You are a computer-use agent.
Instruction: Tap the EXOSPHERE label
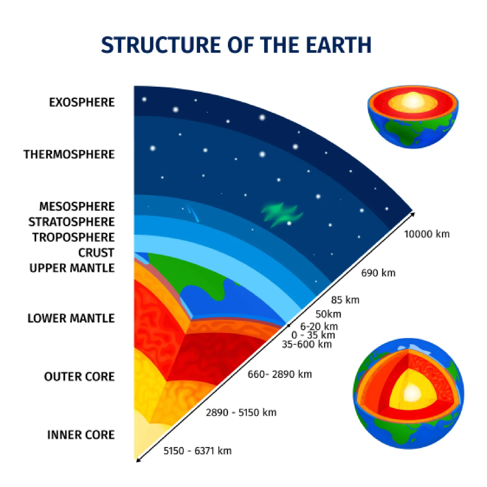82,103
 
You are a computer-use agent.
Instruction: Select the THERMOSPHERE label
69,154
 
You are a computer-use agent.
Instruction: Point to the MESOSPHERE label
77,206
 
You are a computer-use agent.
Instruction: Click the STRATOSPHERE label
71,222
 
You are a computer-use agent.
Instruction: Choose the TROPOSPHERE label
73,237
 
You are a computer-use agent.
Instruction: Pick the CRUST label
96,253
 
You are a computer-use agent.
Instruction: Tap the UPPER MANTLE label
72,268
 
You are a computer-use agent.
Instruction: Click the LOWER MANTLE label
71,318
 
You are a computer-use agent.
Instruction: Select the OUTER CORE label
79,377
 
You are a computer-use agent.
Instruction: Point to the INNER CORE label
81,435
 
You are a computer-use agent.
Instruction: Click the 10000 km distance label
427,234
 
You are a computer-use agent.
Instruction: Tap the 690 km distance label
378,273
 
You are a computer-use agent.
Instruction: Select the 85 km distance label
345,300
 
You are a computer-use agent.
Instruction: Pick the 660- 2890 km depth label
280,374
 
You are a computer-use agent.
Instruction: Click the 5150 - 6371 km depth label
197,451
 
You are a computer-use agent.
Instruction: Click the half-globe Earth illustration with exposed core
413,116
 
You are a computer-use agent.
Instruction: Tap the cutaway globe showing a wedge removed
408,393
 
